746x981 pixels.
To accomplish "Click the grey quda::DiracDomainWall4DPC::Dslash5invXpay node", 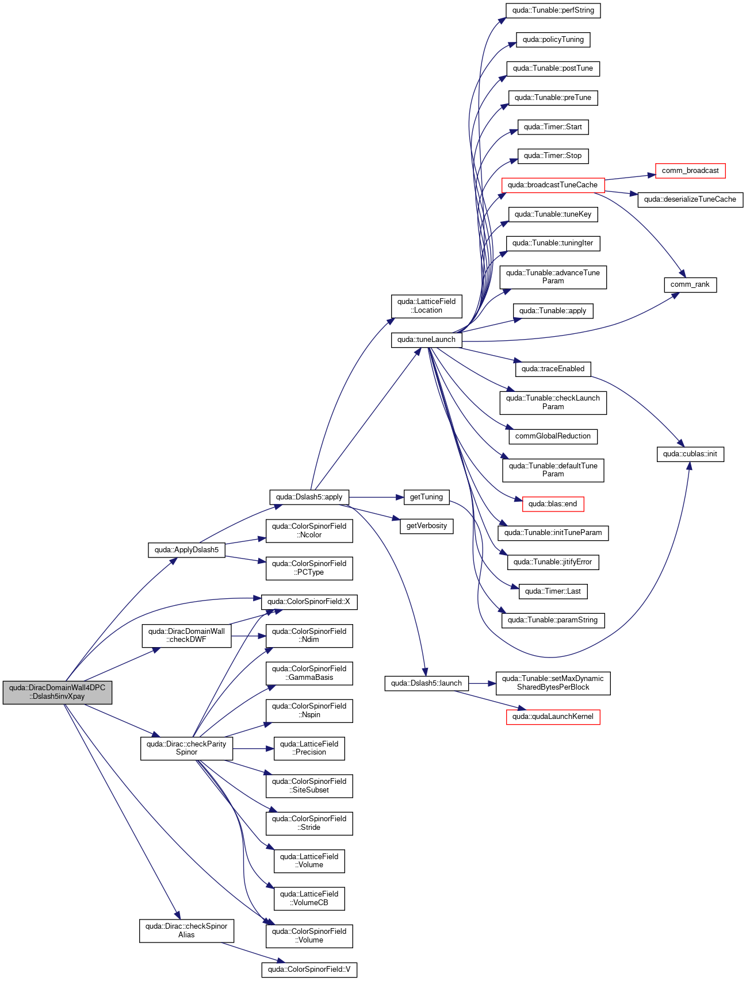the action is [57, 692].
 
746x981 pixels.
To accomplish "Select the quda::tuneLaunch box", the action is [426, 340].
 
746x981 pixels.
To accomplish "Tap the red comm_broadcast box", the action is [690, 171].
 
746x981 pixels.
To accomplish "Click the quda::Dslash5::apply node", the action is [309, 497].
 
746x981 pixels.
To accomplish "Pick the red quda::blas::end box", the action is [553, 504].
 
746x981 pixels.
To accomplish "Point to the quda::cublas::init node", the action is [690, 454].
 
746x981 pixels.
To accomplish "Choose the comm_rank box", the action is [690, 284].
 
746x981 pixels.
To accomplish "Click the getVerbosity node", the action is [427, 526].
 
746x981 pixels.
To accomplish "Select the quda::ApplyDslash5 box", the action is [186, 550].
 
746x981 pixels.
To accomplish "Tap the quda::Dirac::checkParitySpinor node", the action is [186, 748].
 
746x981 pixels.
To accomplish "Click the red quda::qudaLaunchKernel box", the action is [553, 717].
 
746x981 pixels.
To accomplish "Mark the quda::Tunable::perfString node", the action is [553, 10].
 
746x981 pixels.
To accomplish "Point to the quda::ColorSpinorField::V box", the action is [309, 970].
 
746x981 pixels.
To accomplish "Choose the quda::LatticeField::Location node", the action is [426, 306].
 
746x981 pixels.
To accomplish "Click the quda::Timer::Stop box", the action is [553, 156].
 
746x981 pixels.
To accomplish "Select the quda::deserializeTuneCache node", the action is [690, 199].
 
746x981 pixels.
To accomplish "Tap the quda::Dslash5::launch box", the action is [426, 683].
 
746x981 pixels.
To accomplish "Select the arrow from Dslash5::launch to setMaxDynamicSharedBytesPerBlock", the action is [482, 683].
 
